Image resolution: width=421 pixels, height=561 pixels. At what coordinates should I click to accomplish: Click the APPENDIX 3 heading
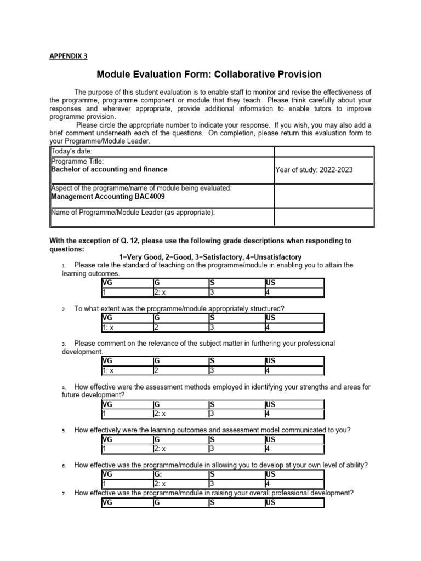[69, 56]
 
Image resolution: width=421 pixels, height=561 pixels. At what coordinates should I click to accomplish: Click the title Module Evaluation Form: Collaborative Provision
[209, 74]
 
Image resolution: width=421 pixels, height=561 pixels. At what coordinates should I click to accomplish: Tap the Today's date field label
[72, 152]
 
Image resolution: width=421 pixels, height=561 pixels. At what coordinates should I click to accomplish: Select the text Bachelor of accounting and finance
[109, 170]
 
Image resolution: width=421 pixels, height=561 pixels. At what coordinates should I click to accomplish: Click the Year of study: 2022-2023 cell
[314, 170]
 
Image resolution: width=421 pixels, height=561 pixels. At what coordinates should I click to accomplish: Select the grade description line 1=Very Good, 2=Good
[210, 257]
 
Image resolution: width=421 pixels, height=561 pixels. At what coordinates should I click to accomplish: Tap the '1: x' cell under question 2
[109, 327]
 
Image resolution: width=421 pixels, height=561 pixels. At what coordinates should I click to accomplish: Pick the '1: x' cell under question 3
[109, 370]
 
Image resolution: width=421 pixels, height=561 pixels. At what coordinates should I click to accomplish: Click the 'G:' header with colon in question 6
[158, 474]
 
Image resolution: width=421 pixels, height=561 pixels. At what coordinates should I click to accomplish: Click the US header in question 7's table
[270, 502]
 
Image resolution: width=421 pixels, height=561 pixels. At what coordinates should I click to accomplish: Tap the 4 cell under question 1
[268, 292]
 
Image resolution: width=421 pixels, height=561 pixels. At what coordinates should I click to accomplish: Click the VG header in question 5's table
[107, 439]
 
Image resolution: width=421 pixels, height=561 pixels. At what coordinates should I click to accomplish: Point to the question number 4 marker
[64, 387]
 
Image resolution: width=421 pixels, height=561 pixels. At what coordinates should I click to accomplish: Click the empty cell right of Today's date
[324, 152]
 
